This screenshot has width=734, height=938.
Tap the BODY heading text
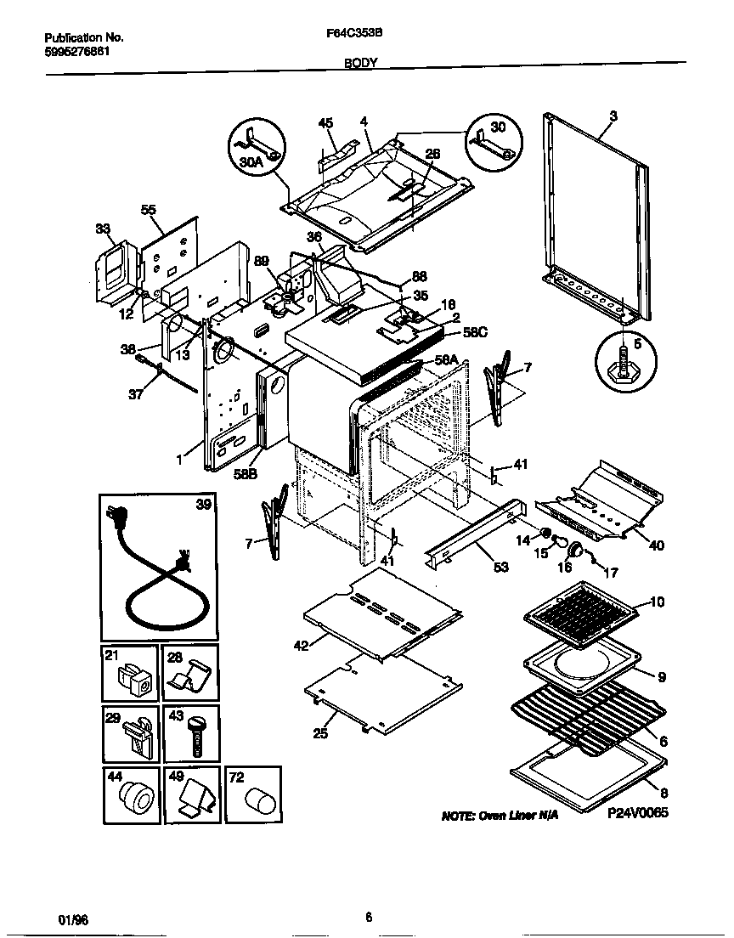pos(361,63)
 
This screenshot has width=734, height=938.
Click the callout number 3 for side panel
pos(613,115)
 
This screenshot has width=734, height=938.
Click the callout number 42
pos(301,645)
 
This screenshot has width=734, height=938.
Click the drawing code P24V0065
pos(638,812)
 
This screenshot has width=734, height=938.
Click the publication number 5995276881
pos(76,51)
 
